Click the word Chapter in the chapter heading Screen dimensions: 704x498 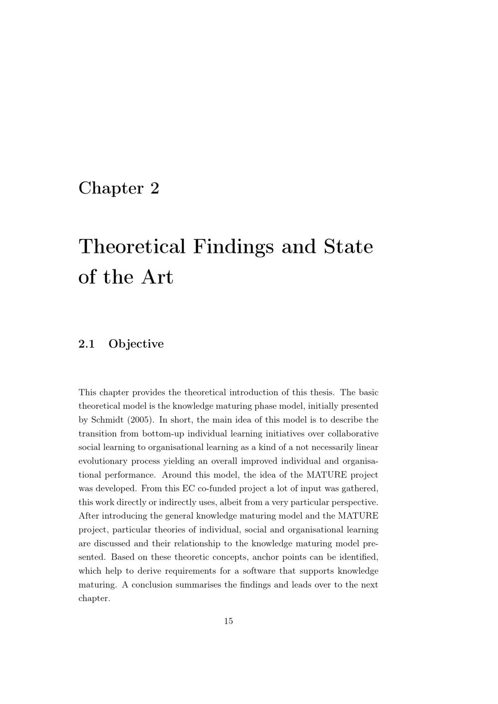pyautogui.click(x=111, y=189)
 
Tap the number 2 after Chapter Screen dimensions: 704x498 pyautogui.click(x=154, y=188)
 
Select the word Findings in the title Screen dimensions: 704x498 pyautogui.click(x=233, y=247)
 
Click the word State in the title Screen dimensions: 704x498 pyautogui.click(x=348, y=246)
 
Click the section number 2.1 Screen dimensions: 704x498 pyautogui.click(x=87, y=344)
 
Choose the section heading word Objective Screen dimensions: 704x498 pyautogui.click(x=136, y=345)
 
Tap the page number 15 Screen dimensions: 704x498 pyautogui.click(x=228, y=621)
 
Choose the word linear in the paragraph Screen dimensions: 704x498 pyautogui.click(x=367, y=447)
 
